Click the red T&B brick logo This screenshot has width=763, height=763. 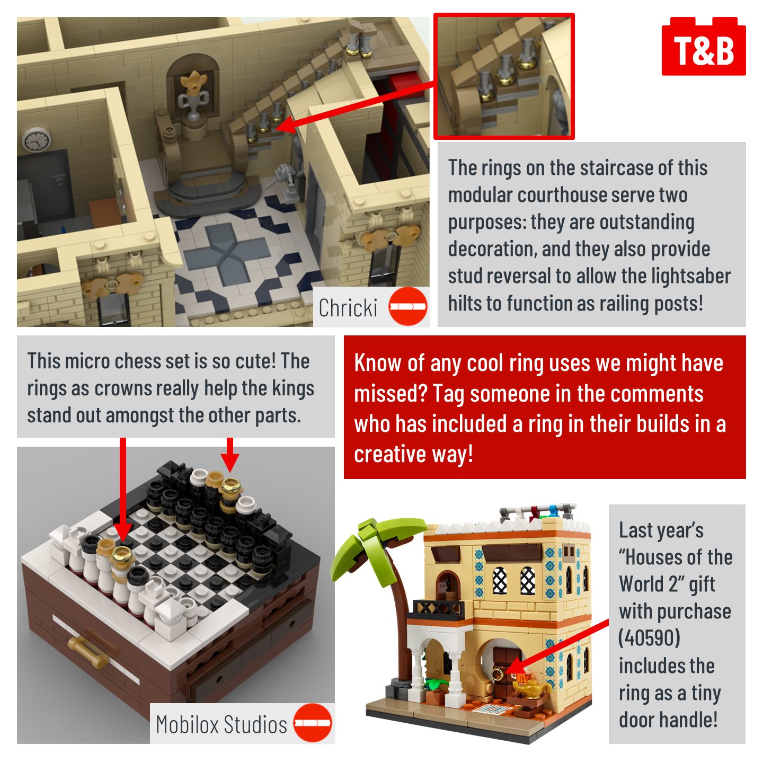[x=704, y=46]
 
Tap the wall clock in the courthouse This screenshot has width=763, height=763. [x=37, y=140]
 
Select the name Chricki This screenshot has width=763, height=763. [x=348, y=308]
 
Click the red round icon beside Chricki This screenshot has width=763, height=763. [x=408, y=306]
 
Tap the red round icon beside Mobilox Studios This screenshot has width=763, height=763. [x=313, y=723]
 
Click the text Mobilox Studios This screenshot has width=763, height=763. [x=221, y=724]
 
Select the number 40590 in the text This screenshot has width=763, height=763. [x=650, y=638]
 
